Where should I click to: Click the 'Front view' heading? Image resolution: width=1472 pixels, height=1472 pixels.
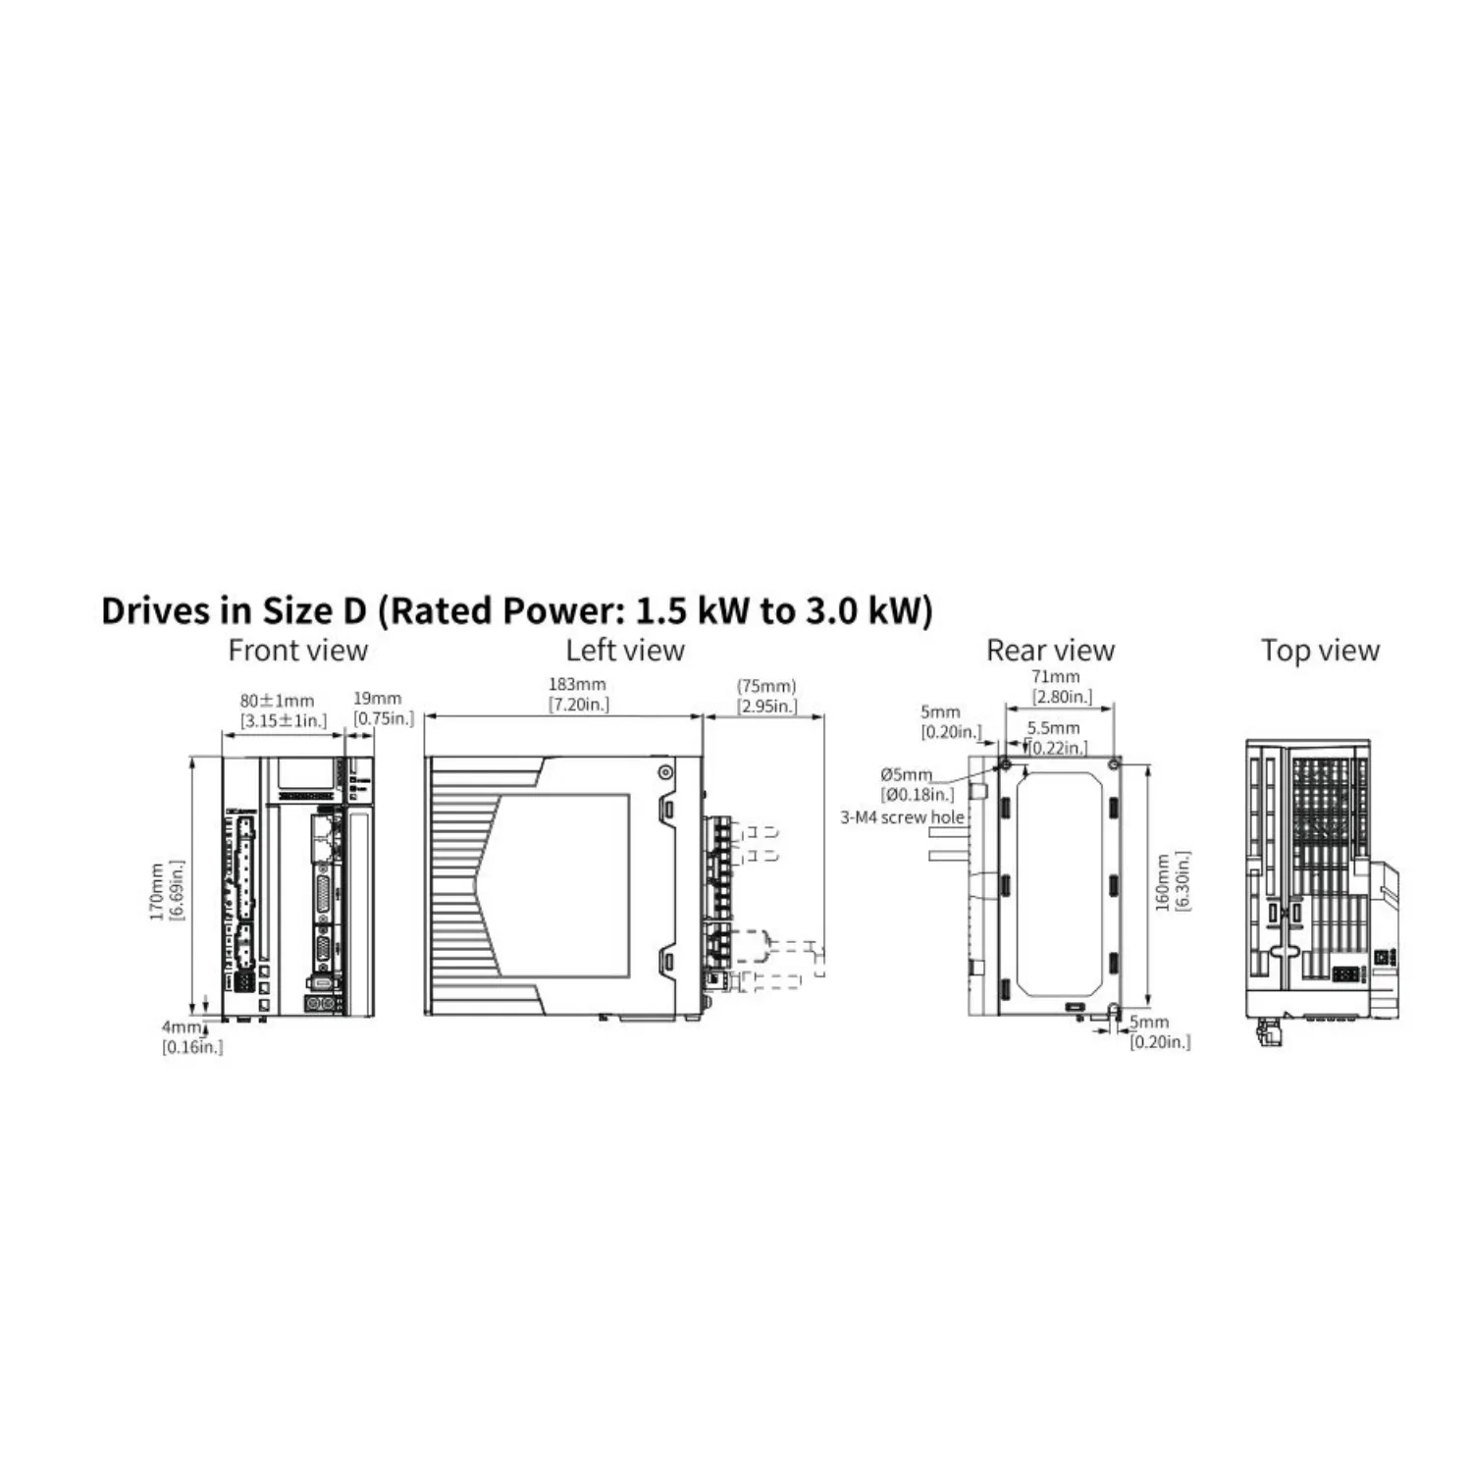[297, 650]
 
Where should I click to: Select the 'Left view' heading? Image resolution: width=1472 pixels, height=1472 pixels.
[625, 650]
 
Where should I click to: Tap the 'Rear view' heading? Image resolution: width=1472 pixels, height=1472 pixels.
[1050, 650]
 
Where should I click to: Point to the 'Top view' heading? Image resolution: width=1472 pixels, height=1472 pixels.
[1320, 650]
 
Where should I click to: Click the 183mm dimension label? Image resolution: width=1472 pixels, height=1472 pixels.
[577, 684]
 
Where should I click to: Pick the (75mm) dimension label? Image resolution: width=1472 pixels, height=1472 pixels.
[766, 686]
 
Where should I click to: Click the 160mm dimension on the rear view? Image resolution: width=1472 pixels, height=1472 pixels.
[1163, 881]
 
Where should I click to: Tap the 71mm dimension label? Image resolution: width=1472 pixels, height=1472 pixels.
[1056, 676]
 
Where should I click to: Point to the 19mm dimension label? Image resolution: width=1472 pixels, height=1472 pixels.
[378, 699]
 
